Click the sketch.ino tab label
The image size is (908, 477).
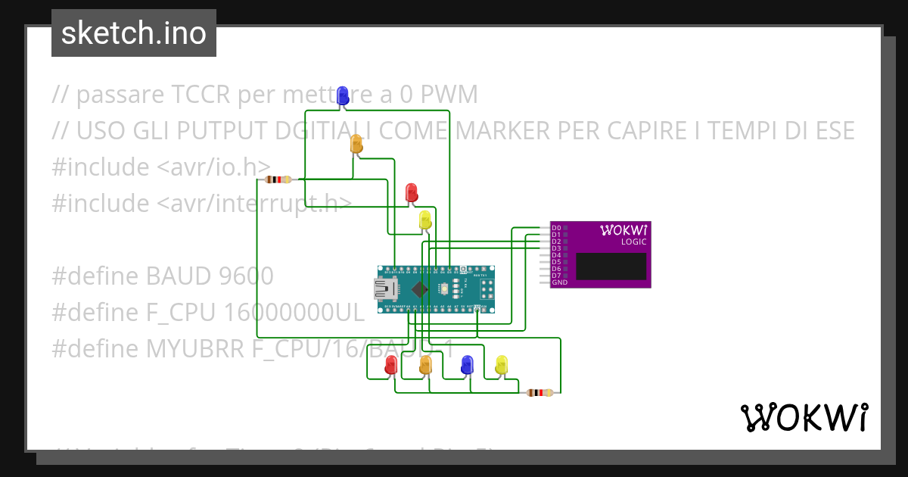pos(133,33)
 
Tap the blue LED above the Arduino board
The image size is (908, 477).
pos(343,95)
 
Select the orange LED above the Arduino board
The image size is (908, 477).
pos(357,144)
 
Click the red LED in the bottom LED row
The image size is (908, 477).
pos(391,366)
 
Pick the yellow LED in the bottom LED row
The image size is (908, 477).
pos(501,366)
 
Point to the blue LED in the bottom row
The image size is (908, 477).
pos(467,366)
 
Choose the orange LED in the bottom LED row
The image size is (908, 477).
pos(425,366)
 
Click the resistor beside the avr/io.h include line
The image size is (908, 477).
pos(278,179)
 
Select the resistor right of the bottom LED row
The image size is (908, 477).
pos(540,392)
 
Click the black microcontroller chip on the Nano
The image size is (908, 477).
pos(418,289)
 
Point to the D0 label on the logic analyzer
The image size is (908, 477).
pos(556,228)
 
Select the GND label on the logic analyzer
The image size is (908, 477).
pos(559,282)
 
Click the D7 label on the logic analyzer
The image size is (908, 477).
pos(556,276)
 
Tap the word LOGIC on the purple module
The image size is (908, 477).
pos(633,242)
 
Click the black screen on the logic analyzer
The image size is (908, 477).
pos(611,267)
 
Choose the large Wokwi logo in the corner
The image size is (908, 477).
pos(804,417)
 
